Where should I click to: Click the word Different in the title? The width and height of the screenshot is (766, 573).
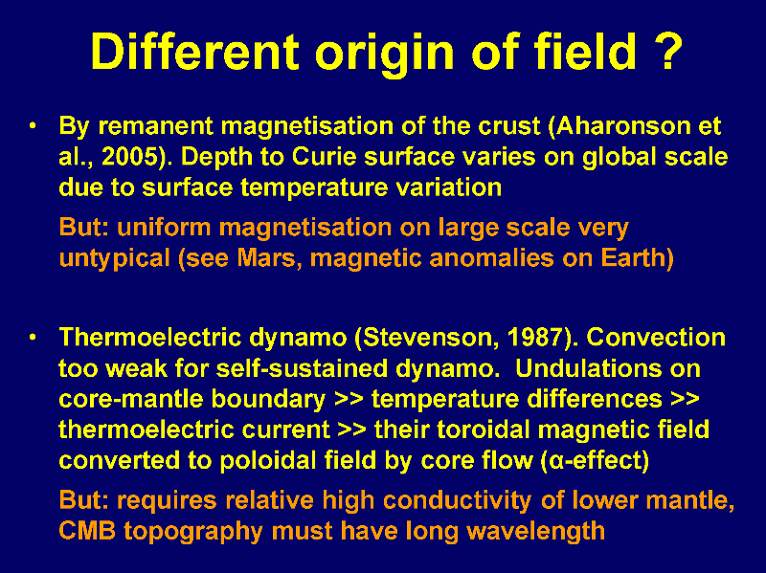coord(194,52)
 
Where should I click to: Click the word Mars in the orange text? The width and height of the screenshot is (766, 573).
coord(266,257)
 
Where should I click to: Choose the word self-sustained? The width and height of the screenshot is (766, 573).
coord(302,368)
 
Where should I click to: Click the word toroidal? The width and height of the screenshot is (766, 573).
coord(483,430)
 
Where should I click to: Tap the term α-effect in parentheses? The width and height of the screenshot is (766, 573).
coord(595,460)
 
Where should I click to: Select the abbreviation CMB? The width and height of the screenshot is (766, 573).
coord(87,531)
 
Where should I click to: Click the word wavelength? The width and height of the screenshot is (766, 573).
coord(536,531)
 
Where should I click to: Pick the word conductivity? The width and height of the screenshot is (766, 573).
coord(457,500)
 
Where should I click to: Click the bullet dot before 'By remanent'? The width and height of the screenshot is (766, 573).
coord(33,126)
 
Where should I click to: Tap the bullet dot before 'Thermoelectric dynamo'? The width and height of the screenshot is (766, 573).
coord(33,338)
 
